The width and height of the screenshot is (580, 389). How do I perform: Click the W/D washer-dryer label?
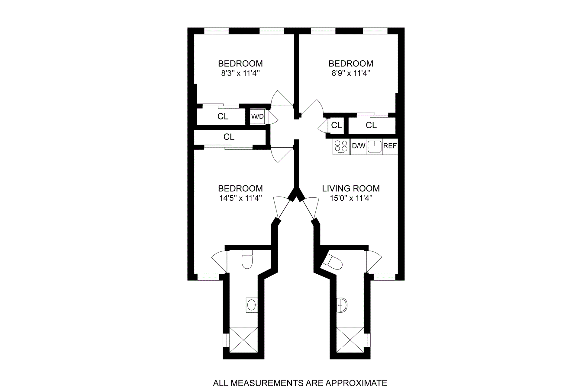(x=257, y=116)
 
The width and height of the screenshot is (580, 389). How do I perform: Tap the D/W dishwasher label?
(x=359, y=146)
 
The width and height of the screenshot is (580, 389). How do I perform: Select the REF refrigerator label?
(x=390, y=146)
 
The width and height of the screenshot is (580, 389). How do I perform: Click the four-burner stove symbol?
(x=341, y=146)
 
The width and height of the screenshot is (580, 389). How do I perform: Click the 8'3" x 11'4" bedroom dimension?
(x=240, y=73)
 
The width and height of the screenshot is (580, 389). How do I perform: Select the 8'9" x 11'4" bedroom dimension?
(x=351, y=73)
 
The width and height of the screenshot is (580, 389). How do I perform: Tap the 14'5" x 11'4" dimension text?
(x=240, y=198)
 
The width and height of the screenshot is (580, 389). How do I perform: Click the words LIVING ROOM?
(x=351, y=189)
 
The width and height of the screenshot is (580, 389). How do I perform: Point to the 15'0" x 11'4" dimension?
(x=351, y=198)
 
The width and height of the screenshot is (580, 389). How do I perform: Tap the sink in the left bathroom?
(x=252, y=305)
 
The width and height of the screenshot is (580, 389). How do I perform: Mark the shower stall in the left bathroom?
(x=243, y=340)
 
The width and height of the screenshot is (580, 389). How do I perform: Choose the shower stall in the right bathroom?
(x=350, y=340)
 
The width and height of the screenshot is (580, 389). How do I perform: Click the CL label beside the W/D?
(x=223, y=116)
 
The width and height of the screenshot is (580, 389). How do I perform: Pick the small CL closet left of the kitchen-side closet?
(x=337, y=125)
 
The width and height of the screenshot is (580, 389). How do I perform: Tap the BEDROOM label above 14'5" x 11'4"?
(x=240, y=189)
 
